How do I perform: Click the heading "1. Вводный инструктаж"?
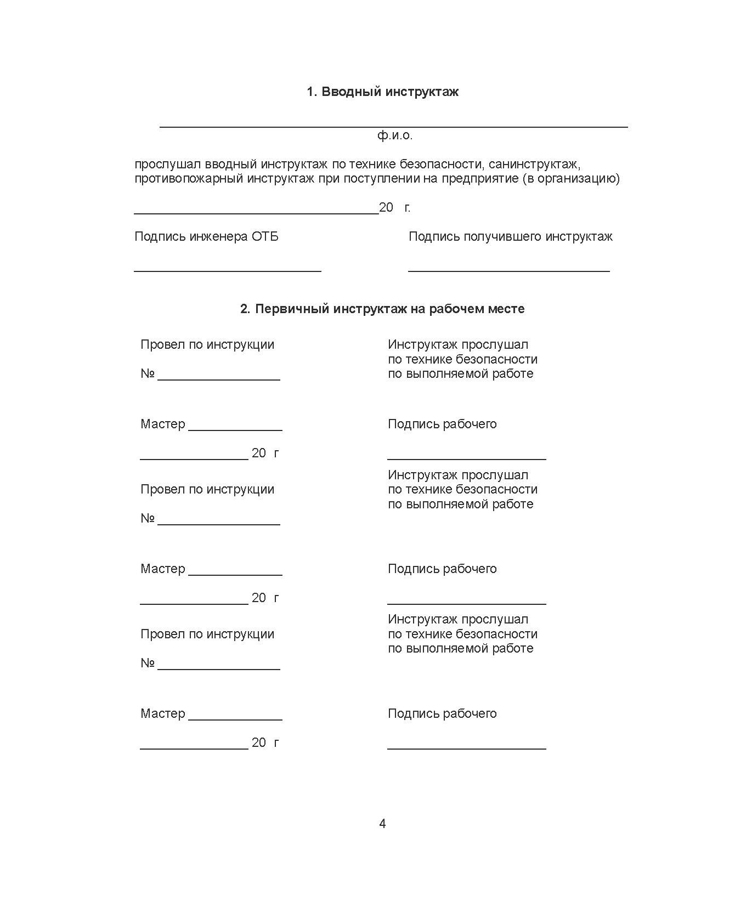pyautogui.click(x=382, y=92)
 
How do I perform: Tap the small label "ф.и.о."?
pyautogui.click(x=394, y=135)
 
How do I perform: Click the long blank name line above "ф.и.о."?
pyautogui.click(x=393, y=127)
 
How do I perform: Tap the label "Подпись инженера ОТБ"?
pyautogui.click(x=206, y=236)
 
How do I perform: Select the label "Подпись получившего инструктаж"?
pyautogui.click(x=510, y=236)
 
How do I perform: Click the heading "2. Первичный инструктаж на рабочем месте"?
pyautogui.click(x=382, y=309)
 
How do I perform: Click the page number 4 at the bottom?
pyautogui.click(x=382, y=824)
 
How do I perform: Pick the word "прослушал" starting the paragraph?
pyautogui.click(x=168, y=164)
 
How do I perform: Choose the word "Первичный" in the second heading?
pyautogui.click(x=293, y=309)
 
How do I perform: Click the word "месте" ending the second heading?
pyautogui.click(x=507, y=309)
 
